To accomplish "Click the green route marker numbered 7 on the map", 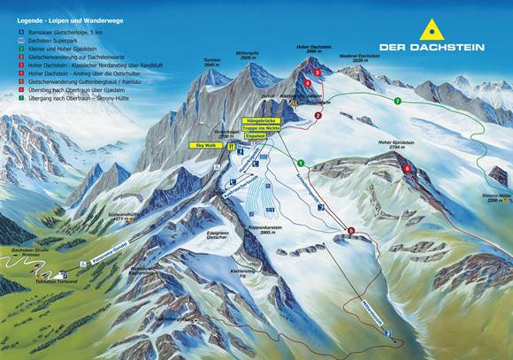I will pyautogui.click(x=398, y=102).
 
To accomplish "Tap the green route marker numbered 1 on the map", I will pyautogui.click(x=301, y=163).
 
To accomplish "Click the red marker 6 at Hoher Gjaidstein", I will pyautogui.click(x=407, y=168).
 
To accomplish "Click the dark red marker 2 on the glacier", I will pyautogui.click(x=317, y=115).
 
